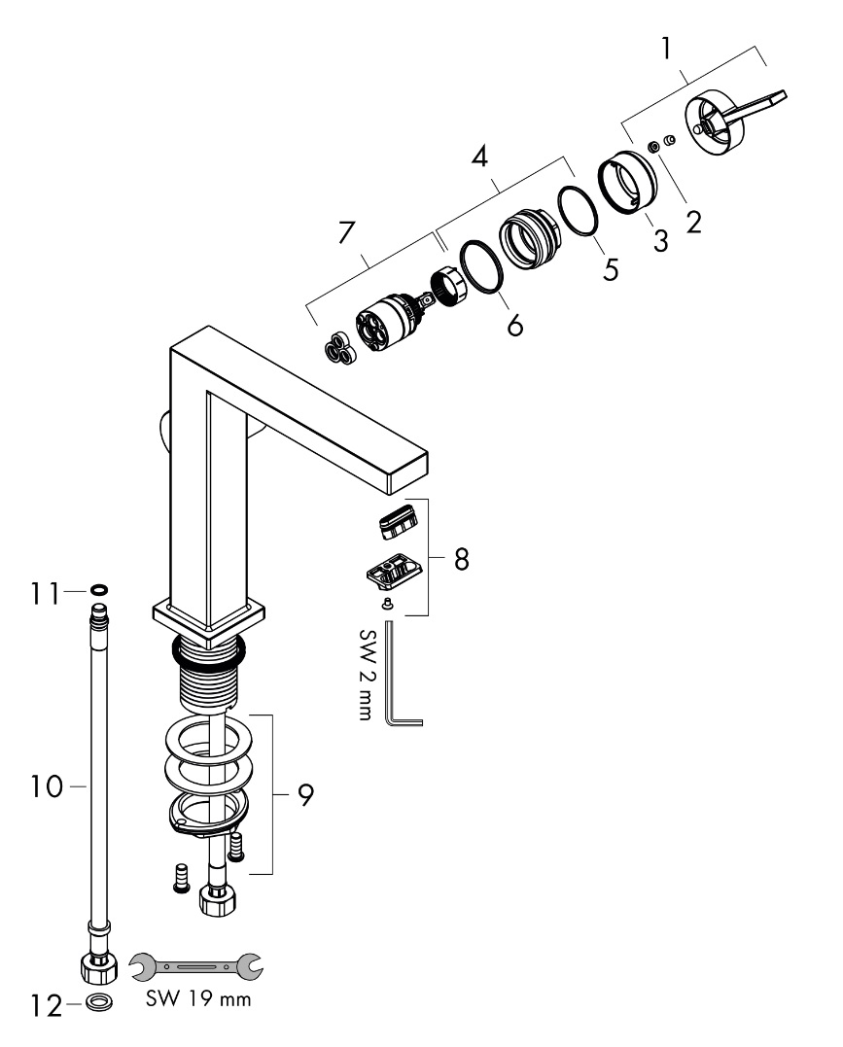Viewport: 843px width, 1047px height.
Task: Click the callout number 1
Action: pyautogui.click(x=667, y=49)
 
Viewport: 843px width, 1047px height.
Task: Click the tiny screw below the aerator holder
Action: pyautogui.click(x=389, y=604)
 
